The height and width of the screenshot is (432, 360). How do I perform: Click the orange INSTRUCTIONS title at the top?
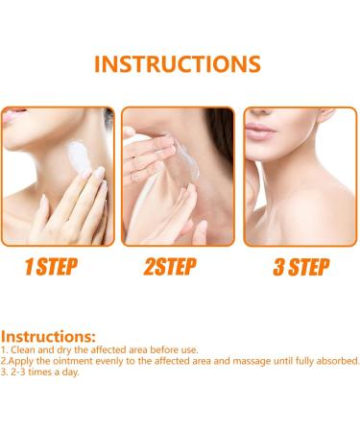pos(179,64)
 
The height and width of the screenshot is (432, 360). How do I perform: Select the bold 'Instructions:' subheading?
pos(48,337)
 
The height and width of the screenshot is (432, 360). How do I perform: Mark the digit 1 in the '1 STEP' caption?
pos(30,267)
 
